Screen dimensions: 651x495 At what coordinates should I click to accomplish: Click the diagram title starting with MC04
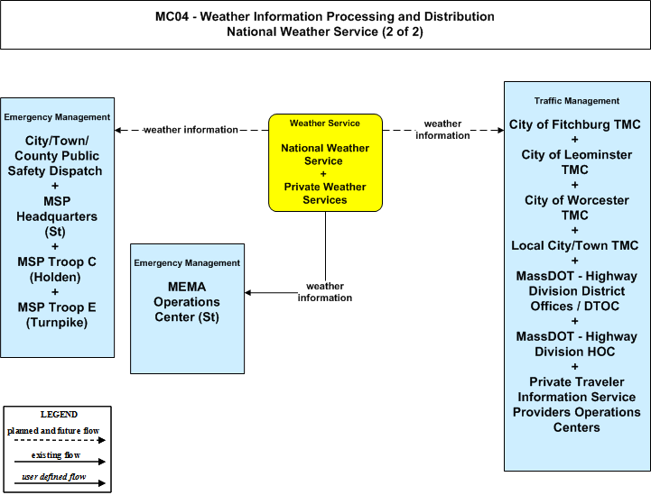[x=325, y=24]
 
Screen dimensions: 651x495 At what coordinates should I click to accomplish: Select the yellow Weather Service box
[x=325, y=162]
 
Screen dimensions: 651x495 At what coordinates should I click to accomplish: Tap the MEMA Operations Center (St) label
[x=187, y=302]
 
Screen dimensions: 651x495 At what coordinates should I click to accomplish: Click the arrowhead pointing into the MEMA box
[x=248, y=293]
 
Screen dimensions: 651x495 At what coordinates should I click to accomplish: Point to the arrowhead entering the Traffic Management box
[x=501, y=130]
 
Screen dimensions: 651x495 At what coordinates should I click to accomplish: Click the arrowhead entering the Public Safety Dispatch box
[x=118, y=130]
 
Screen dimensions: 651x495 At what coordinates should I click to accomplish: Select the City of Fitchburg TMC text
[x=574, y=124]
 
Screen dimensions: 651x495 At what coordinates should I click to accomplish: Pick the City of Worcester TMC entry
[x=576, y=207]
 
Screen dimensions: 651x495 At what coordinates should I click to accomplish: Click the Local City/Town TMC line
[x=574, y=245]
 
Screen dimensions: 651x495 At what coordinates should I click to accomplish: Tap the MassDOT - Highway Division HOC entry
[x=576, y=344]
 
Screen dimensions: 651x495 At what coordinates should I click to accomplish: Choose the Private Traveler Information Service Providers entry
[x=576, y=405]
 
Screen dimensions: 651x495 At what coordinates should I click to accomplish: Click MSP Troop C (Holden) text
[x=57, y=270]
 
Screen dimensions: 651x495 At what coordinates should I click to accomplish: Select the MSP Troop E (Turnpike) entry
[x=57, y=315]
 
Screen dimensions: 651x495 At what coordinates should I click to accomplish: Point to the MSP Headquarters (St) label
[x=57, y=216]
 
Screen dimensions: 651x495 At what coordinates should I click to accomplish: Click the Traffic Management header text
[x=576, y=101]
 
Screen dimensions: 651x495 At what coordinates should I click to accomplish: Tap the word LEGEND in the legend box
[x=59, y=415]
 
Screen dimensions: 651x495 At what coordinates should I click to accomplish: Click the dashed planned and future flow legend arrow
[x=60, y=440]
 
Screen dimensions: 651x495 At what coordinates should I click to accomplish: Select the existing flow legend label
[x=56, y=455]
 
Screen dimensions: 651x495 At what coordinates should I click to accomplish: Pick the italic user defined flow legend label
[x=53, y=477]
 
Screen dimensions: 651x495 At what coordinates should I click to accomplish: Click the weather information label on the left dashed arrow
[x=191, y=130]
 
